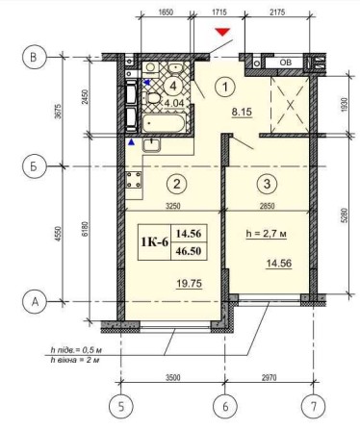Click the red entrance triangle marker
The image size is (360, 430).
coord(223,34)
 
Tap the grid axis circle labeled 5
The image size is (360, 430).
coord(119,407)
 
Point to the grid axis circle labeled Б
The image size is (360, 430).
coord(34,166)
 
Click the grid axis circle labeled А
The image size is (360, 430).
coord(34,302)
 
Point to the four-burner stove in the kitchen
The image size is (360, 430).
coord(134,180)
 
